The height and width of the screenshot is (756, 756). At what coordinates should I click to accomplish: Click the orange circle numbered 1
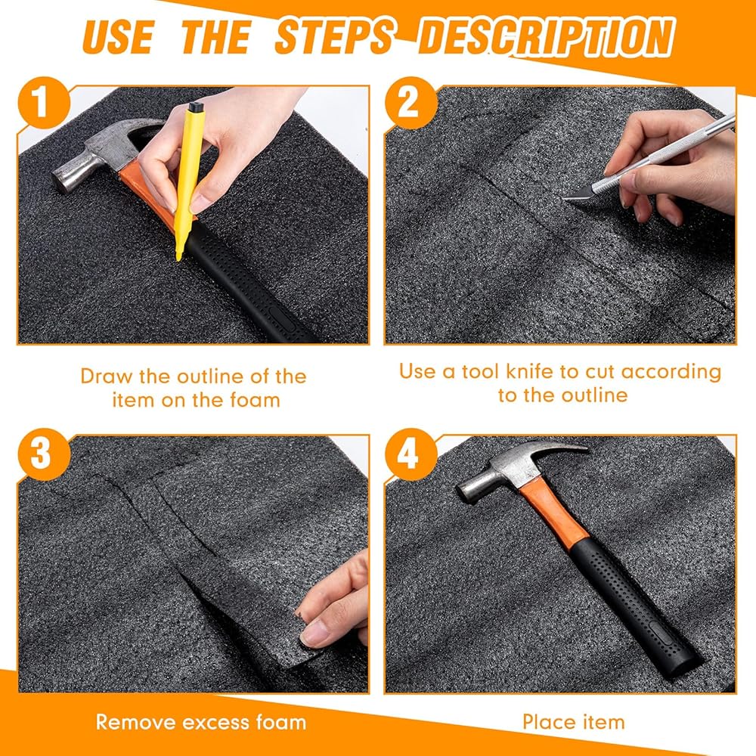coord(43,103)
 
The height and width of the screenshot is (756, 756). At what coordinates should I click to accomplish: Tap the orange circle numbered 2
coord(411,103)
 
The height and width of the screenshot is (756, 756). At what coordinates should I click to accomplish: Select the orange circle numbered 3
coord(43,454)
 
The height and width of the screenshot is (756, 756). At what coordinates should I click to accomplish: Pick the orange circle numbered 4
coord(411,454)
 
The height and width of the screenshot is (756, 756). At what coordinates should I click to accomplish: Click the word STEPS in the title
coord(335,36)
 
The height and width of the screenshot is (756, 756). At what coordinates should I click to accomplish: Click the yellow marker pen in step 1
coord(185,181)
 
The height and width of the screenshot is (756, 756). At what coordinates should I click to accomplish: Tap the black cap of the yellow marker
coord(195,107)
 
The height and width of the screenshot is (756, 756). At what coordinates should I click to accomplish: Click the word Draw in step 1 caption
coord(107,376)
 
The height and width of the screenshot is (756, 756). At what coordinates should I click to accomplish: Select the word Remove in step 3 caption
coord(135,722)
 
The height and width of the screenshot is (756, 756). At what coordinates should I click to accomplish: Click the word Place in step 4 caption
coord(550,722)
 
